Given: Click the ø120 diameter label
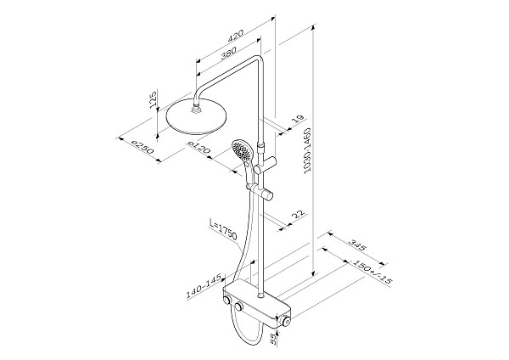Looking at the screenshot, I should coord(198,149).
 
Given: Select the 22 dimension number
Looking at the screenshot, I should coord(296,217).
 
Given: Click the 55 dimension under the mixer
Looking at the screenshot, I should coord(271,340).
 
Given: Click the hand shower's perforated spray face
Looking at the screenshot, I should coord(242,154).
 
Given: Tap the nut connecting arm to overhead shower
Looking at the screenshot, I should coord(199,106).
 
